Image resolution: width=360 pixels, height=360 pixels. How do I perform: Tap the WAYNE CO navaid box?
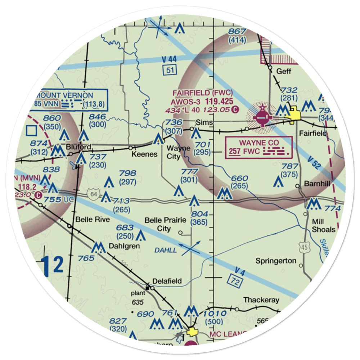pos(258,147)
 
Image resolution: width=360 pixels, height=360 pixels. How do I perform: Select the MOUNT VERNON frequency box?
pos(68,100)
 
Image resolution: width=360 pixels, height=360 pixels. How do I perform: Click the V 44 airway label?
pos(168,58)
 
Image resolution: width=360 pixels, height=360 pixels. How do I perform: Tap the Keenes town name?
pos(144,154)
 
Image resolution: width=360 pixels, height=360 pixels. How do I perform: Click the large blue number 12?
pos(53,265)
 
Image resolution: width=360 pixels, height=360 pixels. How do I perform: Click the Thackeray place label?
pos(261,300)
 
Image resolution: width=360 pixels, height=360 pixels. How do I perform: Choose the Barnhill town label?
pos(317,184)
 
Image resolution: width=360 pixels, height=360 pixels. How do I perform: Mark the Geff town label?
pos(283,71)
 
